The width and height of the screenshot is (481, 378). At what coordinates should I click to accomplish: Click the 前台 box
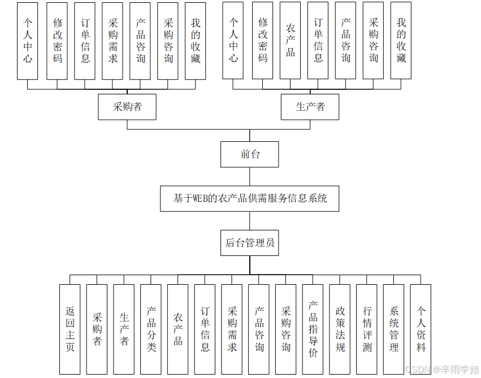(x=249, y=154)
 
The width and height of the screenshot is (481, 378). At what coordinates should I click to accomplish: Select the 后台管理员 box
(x=249, y=243)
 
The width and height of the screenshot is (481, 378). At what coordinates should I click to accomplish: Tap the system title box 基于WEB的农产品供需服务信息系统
(x=249, y=198)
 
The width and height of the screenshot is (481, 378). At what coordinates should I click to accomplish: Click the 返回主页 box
(x=70, y=329)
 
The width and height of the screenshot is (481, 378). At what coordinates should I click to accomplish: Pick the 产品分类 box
(x=151, y=329)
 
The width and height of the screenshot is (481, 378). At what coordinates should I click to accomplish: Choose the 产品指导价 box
(x=313, y=329)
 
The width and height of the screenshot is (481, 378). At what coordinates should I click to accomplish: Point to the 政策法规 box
(x=340, y=329)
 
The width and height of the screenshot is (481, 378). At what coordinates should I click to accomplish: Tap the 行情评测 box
(x=367, y=329)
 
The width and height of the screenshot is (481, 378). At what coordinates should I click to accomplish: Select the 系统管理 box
(x=393, y=329)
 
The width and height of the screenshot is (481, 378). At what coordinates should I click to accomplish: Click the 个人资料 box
(x=421, y=329)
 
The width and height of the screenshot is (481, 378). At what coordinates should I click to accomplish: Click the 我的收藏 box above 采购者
(x=196, y=41)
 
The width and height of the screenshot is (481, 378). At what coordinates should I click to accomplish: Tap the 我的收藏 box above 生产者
(x=401, y=41)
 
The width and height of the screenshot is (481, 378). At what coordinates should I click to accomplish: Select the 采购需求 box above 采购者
(x=112, y=41)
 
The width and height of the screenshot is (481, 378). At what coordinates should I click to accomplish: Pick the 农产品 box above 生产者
(x=290, y=41)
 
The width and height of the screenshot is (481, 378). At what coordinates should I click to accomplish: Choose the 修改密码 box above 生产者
(x=263, y=41)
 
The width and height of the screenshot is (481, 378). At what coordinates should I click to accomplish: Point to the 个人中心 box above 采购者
(x=28, y=41)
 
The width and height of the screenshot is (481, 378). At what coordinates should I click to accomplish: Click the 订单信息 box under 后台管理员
(x=205, y=329)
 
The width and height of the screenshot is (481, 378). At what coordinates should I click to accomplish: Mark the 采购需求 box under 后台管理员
(x=232, y=329)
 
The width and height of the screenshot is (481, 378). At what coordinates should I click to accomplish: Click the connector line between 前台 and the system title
(x=249, y=176)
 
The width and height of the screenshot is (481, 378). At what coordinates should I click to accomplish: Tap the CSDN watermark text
(x=441, y=370)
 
